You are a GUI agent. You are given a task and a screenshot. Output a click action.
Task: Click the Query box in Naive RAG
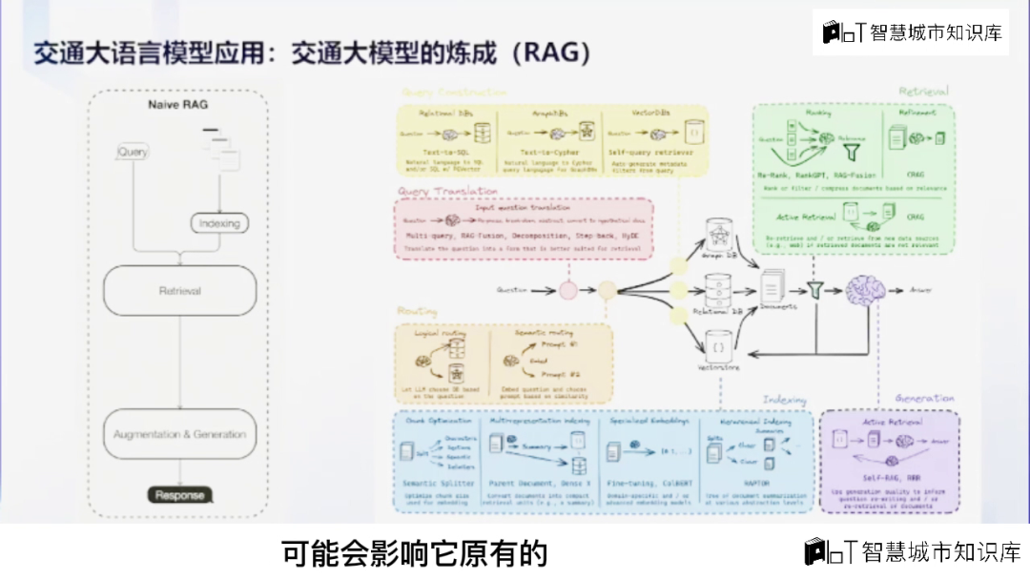pyautogui.click(x=133, y=152)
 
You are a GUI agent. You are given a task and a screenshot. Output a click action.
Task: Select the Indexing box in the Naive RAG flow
pyautogui.click(x=218, y=223)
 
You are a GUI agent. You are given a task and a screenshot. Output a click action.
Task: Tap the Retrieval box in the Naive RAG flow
pyautogui.click(x=179, y=290)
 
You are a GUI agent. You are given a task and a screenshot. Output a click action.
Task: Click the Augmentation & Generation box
pyautogui.click(x=179, y=434)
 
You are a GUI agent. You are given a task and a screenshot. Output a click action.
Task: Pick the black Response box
pyautogui.click(x=179, y=495)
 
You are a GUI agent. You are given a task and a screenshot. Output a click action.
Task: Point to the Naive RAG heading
pyautogui.click(x=177, y=104)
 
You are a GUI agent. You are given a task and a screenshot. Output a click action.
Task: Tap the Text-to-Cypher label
pyautogui.click(x=548, y=153)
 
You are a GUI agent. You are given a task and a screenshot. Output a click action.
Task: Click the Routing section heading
pyautogui.click(x=417, y=311)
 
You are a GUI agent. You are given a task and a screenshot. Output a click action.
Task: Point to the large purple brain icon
pyautogui.click(x=866, y=287)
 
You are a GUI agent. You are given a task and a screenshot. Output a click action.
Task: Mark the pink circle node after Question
pyautogui.click(x=567, y=288)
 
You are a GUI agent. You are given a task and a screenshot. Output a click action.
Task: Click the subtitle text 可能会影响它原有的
pyautogui.click(x=415, y=552)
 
